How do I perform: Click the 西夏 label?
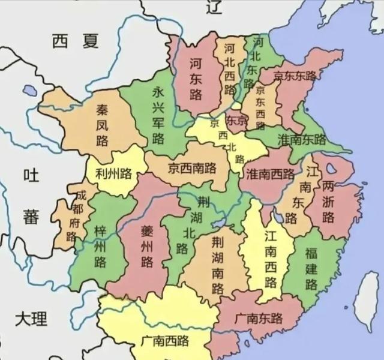[74, 41]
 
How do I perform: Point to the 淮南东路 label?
[302, 140]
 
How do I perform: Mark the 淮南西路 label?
[270, 173]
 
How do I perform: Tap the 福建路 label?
[311, 267]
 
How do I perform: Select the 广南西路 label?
[165, 341]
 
